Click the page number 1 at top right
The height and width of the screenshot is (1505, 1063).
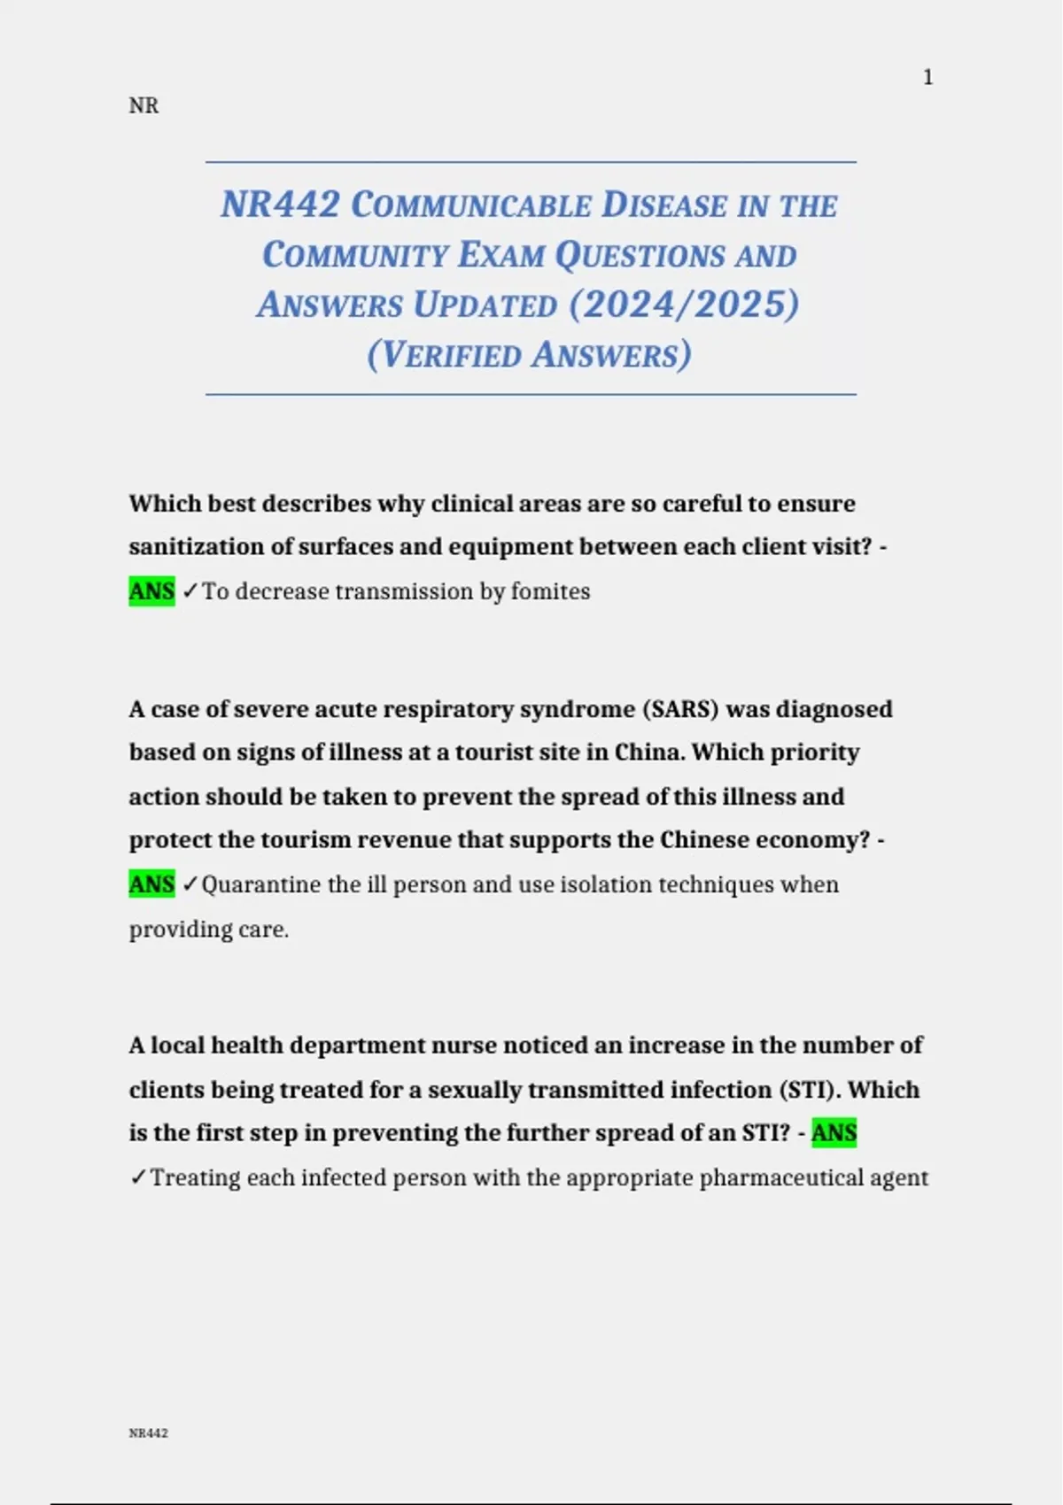point(927,78)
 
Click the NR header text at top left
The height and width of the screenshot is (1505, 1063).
point(144,106)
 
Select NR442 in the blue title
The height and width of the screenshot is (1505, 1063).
point(280,205)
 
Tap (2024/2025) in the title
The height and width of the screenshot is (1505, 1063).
point(684,305)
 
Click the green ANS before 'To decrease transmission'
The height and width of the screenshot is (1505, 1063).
point(151,590)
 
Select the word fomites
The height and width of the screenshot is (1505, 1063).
point(550,590)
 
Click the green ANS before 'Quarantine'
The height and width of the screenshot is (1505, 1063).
point(151,884)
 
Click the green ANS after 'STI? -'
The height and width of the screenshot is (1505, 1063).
point(834,1133)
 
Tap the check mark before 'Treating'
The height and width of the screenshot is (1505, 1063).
point(138,1177)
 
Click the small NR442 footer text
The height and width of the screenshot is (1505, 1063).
point(148,1433)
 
